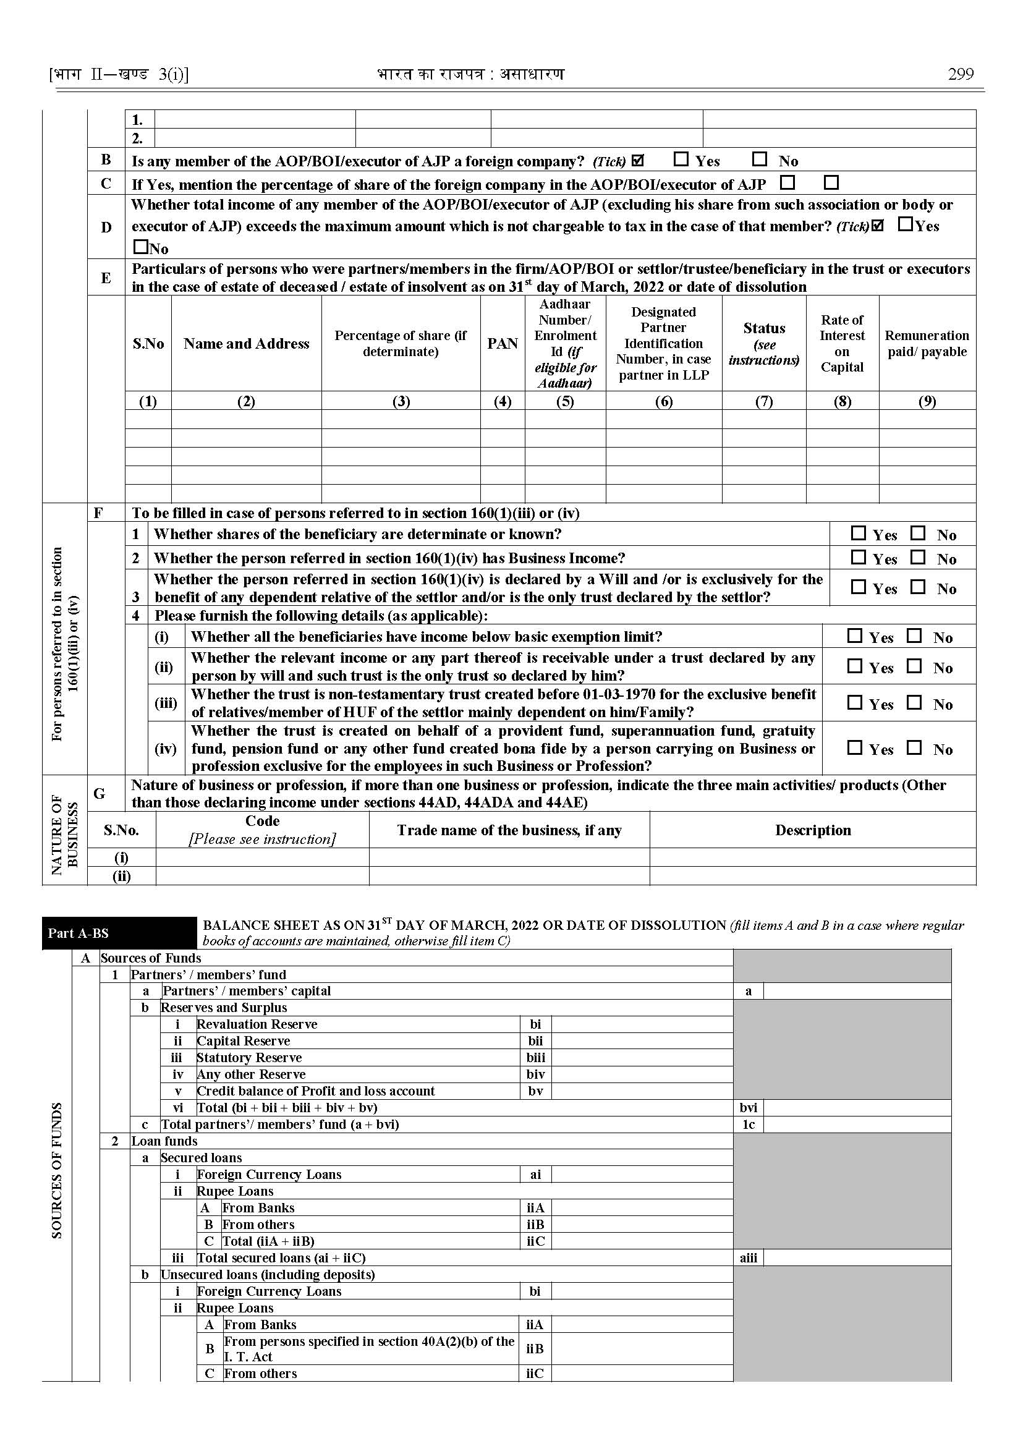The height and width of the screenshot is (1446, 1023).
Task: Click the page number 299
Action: [960, 74]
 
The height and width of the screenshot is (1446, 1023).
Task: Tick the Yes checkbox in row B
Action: [681, 159]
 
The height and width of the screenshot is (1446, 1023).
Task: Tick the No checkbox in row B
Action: [760, 159]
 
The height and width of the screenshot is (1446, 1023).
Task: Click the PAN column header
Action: [502, 343]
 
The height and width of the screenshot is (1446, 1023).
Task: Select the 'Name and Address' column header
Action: [246, 343]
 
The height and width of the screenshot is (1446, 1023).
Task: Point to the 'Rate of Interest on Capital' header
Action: [842, 343]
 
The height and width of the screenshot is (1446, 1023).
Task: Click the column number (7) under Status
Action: [763, 401]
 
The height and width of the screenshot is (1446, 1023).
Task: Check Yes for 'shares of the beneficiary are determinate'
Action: [858, 534]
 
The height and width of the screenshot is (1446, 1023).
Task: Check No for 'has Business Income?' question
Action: [919, 558]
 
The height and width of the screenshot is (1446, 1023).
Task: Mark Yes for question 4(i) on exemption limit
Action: [854, 636]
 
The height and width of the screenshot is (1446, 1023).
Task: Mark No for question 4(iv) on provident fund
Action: [914, 748]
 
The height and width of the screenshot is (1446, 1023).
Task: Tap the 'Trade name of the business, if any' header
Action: [509, 830]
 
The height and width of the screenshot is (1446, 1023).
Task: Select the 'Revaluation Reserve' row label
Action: [257, 1024]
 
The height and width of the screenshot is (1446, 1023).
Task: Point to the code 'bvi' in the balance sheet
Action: [749, 1108]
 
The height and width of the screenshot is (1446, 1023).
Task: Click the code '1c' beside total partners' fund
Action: [749, 1125]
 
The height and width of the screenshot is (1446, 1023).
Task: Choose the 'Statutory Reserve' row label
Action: [250, 1058]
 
